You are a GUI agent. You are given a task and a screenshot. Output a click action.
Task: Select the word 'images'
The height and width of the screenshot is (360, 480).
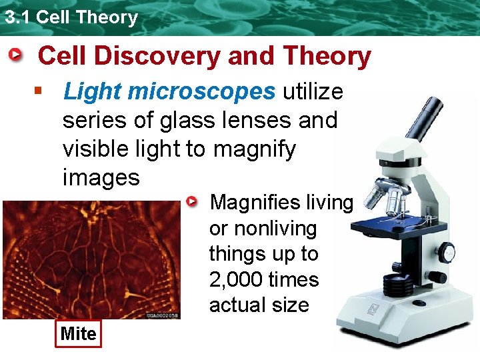point(101,177)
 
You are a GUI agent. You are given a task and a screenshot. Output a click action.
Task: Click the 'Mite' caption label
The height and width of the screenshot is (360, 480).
point(78,334)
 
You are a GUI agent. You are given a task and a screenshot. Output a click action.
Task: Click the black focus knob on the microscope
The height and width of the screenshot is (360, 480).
point(447,252)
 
